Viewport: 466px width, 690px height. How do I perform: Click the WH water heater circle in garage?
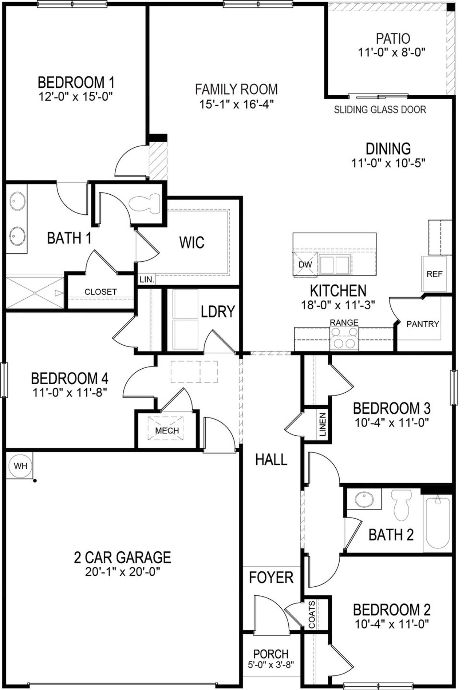click(20, 466)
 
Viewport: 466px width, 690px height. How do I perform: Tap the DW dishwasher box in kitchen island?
click(305, 265)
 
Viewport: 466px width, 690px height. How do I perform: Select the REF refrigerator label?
click(434, 274)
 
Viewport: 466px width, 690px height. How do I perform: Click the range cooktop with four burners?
click(344, 338)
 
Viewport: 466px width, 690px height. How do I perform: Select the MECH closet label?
click(167, 431)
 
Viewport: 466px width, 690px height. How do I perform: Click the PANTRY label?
click(422, 324)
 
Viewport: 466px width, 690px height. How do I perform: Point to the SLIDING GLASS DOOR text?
click(380, 110)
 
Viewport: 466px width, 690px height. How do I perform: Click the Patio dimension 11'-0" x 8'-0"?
click(392, 52)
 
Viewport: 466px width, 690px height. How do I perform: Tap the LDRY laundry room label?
click(218, 311)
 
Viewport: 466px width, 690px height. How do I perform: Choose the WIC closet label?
click(191, 242)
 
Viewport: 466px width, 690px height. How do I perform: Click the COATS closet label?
click(312, 615)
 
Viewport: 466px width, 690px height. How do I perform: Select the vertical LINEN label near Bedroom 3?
click(323, 425)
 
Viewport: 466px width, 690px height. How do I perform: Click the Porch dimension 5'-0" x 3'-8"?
click(271, 664)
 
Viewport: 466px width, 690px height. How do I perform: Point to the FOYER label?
click(271, 577)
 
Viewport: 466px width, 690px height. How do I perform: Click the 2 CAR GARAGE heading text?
click(122, 557)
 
